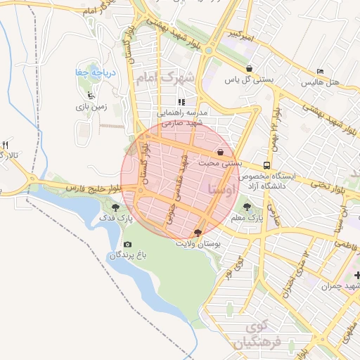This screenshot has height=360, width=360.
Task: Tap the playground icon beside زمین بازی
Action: click(x=89, y=96)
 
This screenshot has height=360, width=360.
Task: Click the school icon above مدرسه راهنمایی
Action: click(x=181, y=102)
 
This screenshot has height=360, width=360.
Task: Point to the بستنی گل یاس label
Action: click(x=248, y=79)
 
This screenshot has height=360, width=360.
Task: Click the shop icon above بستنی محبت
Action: click(x=221, y=152)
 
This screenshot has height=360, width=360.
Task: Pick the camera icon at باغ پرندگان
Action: click(x=127, y=244)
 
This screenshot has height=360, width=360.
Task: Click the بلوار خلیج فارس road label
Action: click(x=91, y=188)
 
